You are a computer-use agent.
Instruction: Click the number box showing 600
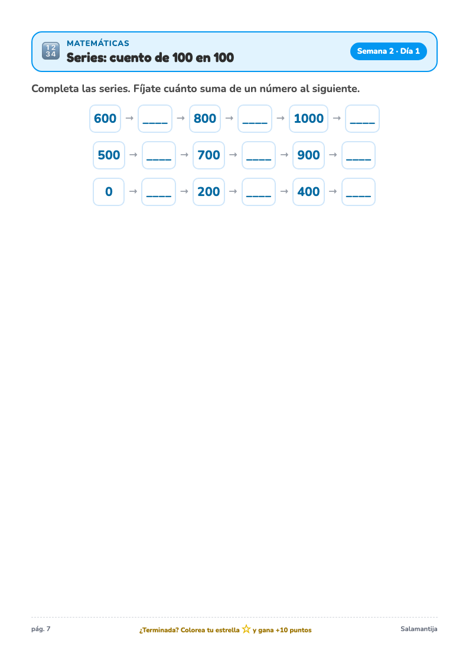105,119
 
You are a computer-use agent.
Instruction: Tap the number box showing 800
205,119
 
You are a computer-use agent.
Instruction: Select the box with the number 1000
309,119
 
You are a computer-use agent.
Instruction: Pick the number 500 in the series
109,155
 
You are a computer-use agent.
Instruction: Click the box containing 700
209,155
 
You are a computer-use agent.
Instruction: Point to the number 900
308,155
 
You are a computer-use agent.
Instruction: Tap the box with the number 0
109,191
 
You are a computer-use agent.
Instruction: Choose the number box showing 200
209,191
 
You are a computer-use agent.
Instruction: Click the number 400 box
308,191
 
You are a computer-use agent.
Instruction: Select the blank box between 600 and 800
155,119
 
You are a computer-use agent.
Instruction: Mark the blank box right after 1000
363,119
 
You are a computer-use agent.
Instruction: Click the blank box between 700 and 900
258,155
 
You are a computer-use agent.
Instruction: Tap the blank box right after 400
358,191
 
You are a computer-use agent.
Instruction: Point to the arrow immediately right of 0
133,191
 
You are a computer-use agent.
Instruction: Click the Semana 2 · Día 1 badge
388,51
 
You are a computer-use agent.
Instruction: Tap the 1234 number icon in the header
51,51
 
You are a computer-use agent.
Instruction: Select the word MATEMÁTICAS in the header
97,43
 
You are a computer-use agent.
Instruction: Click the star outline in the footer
246,629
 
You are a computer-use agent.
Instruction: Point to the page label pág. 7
41,629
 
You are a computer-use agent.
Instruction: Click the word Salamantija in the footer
419,629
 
